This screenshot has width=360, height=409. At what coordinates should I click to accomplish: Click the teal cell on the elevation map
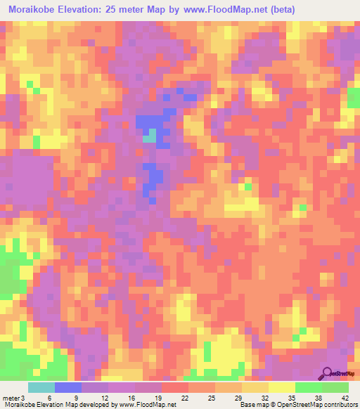pyautogui.click(x=150, y=135)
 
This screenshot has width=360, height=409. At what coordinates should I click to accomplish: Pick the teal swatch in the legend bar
pyautogui.click(x=41, y=387)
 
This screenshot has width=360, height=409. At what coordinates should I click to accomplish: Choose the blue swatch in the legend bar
pyautogui.click(x=67, y=387)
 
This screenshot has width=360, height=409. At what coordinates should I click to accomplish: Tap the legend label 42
pyautogui.click(x=345, y=397)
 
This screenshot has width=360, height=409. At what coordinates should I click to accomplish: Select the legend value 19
pyautogui.click(x=157, y=397)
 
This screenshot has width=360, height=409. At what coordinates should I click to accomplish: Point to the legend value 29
pyautogui.click(x=237, y=397)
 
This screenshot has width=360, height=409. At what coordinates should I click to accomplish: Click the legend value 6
pyautogui.click(x=50, y=397)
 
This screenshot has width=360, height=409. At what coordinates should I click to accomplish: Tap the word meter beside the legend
pyautogui.click(x=10, y=397)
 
